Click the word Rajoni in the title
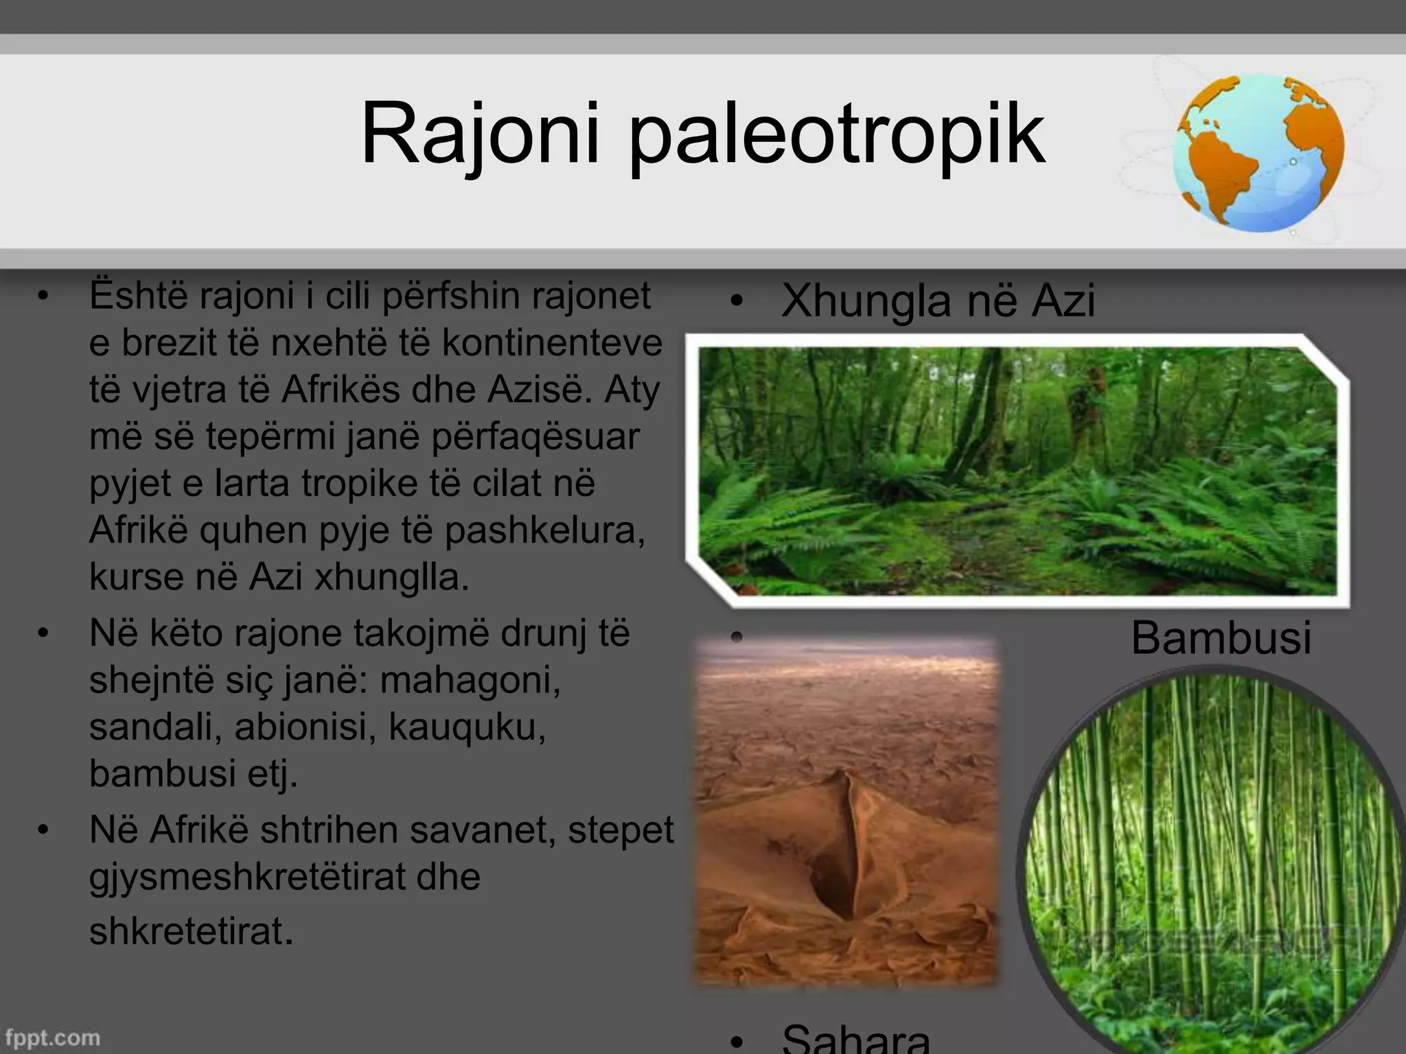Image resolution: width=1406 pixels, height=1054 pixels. (480, 134)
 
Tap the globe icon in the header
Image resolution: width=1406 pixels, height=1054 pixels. (1258, 152)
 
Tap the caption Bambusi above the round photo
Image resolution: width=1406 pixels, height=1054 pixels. (1221, 637)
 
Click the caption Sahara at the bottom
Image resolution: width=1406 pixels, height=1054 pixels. (855, 1039)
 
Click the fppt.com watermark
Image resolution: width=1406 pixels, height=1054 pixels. (52, 1037)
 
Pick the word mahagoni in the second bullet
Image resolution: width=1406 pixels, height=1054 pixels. (470, 680)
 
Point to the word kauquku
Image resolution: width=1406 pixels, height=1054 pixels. (467, 727)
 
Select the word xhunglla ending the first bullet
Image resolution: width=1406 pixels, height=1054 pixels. (391, 577)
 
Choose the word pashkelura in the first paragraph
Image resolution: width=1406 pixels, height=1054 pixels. (545, 530)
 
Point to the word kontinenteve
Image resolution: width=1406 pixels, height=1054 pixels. (552, 342)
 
